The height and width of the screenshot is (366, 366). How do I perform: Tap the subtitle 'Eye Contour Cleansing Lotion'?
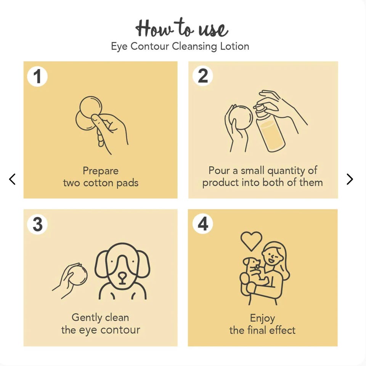coord(180,46)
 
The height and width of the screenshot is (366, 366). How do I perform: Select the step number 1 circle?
coord(37,76)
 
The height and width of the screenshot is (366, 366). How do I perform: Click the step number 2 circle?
coord(202,75)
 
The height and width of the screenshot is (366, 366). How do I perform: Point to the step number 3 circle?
coord(37,224)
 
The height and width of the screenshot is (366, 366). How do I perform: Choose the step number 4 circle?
coord(202,223)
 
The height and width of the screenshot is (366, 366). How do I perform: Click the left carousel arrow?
coord(12,179)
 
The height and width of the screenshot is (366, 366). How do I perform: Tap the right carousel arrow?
coord(350,179)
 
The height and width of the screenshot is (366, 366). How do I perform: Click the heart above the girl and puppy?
coord(251,241)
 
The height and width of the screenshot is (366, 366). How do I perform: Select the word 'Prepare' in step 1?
coord(101,171)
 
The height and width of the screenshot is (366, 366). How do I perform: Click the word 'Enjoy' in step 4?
coord(262,318)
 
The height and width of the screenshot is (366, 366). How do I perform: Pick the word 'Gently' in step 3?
coord(87,318)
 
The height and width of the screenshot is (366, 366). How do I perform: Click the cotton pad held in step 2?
coord(241,117)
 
